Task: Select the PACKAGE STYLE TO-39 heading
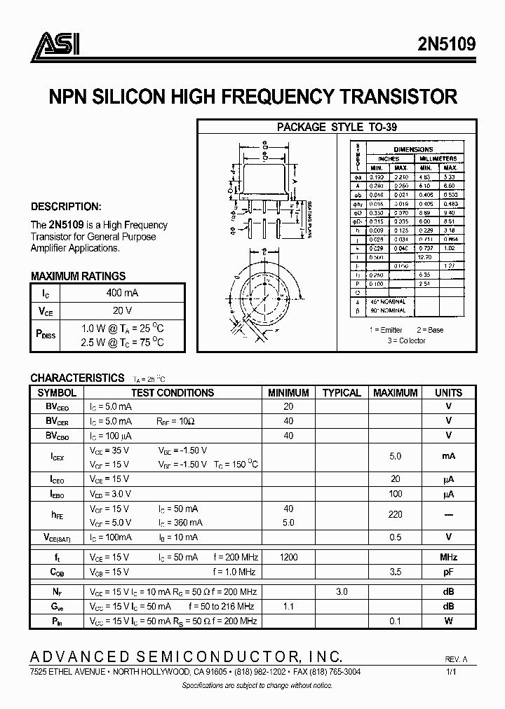[337, 127]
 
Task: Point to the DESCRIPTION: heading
[66, 207]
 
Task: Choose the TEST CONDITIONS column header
[172, 393]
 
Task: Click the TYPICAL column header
[341, 393]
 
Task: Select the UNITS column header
[448, 393]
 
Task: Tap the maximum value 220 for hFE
[395, 514]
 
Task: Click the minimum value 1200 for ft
[288, 557]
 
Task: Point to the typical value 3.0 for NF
[341, 592]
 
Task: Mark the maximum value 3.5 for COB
[395, 572]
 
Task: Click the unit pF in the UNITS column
[448, 572]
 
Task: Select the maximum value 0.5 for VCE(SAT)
[395, 537]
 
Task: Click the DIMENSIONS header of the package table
[413, 149]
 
